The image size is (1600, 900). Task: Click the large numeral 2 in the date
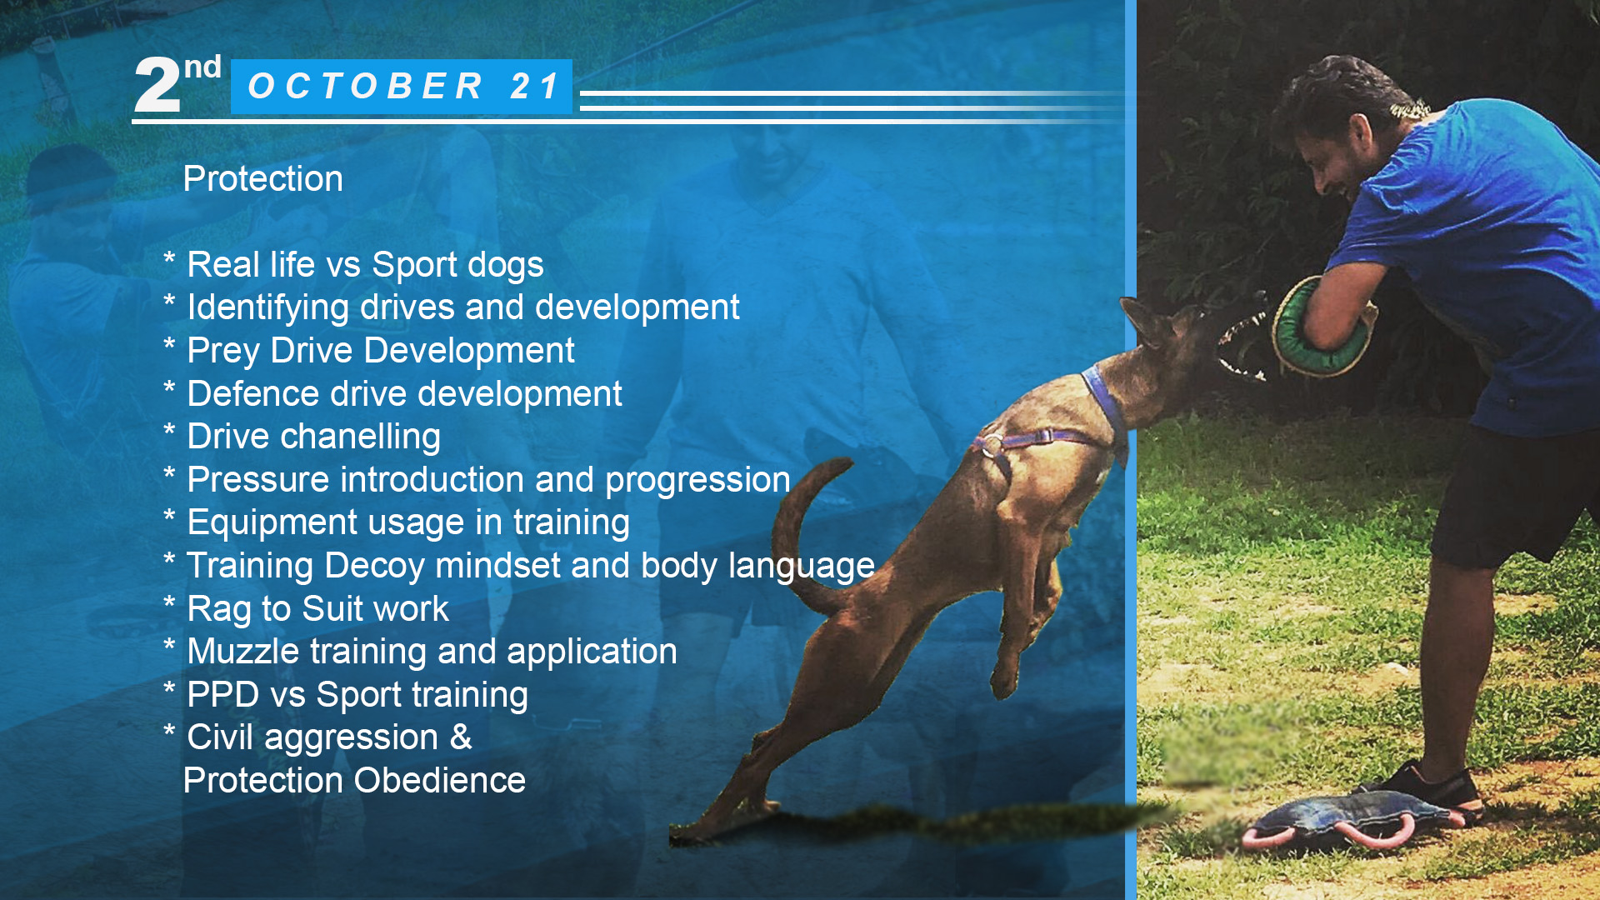157,85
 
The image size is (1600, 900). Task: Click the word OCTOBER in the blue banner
366,87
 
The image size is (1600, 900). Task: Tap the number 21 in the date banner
534,87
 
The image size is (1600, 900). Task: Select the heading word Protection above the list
262,178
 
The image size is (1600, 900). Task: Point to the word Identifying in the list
268,308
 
